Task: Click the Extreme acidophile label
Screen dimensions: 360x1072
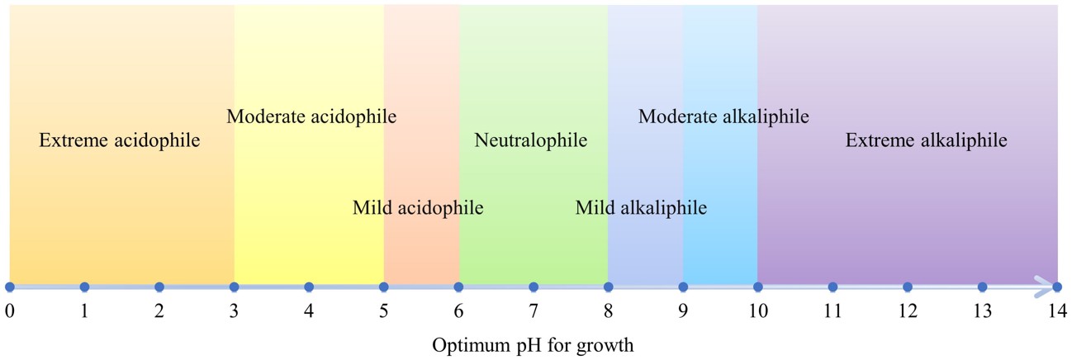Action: (x=120, y=140)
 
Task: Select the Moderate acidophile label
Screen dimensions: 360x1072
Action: (x=311, y=116)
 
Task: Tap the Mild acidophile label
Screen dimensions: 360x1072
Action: (x=418, y=207)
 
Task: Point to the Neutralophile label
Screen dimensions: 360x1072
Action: (x=531, y=140)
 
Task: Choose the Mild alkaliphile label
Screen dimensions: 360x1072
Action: (x=641, y=207)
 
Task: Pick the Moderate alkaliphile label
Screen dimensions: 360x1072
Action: (x=723, y=116)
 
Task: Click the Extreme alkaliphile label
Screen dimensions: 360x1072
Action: (x=926, y=140)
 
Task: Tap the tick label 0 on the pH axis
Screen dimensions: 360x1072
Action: (x=9, y=311)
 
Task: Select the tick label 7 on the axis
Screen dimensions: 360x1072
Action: (x=534, y=311)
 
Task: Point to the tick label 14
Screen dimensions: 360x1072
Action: (x=1056, y=311)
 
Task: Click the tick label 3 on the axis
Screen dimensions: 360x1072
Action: (x=234, y=311)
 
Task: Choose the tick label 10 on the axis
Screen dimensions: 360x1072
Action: (x=757, y=311)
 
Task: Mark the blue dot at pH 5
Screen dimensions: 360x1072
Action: (x=384, y=287)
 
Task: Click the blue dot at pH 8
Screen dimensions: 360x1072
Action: (x=609, y=287)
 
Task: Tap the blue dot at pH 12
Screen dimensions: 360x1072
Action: (x=908, y=287)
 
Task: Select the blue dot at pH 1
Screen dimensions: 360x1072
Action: (x=84, y=287)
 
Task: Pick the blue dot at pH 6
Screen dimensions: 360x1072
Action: (x=458, y=287)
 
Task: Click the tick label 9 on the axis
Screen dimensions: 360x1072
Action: (x=683, y=311)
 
